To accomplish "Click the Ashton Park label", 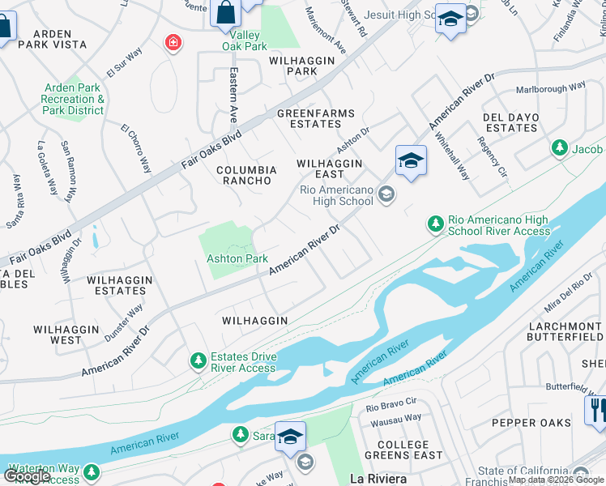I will point(237,258).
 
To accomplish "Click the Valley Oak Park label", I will point(245,41).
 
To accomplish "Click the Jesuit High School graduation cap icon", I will point(450,18).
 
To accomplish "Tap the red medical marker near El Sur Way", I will point(172,42).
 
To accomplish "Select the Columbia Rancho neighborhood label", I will point(247,175).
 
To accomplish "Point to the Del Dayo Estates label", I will point(510,122).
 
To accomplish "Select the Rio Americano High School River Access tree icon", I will point(435,223).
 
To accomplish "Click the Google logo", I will point(28,476).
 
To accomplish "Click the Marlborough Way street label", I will point(551,87).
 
